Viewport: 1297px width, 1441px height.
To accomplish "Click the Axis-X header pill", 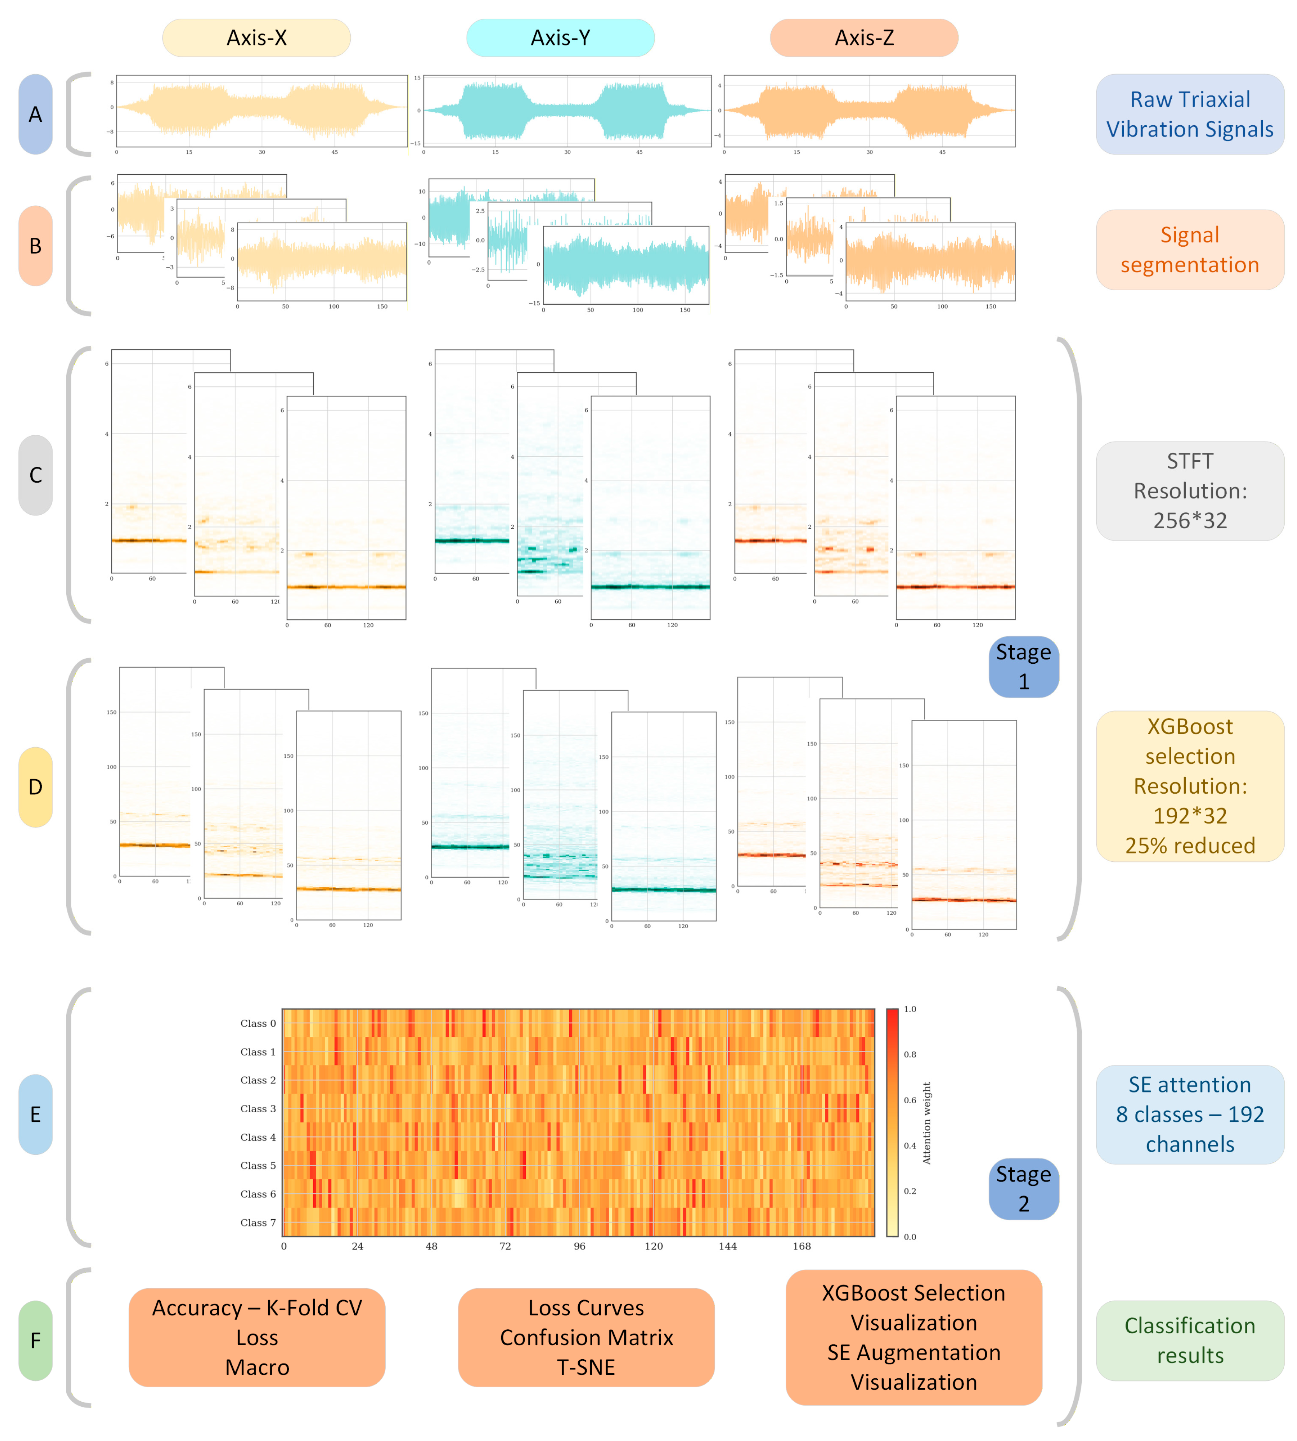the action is point(256,38).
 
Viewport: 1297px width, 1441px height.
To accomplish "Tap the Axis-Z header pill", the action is point(864,38).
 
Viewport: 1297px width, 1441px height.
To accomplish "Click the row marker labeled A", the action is point(36,114).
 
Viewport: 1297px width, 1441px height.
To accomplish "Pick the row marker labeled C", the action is point(36,475).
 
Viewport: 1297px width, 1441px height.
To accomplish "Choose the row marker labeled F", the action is point(36,1341).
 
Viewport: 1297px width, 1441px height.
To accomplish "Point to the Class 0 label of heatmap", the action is point(258,1024).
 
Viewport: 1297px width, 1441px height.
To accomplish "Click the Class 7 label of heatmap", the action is point(258,1222).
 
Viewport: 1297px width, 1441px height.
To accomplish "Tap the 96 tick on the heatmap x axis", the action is point(579,1246).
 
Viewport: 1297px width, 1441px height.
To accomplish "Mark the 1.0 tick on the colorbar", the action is point(910,1009).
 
